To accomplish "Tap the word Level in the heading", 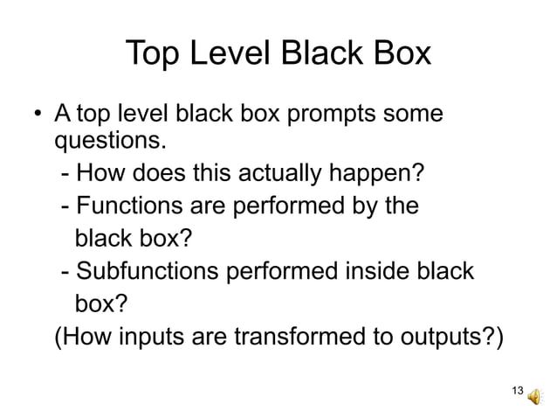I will [x=231, y=54].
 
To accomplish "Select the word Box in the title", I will [x=398, y=54].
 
